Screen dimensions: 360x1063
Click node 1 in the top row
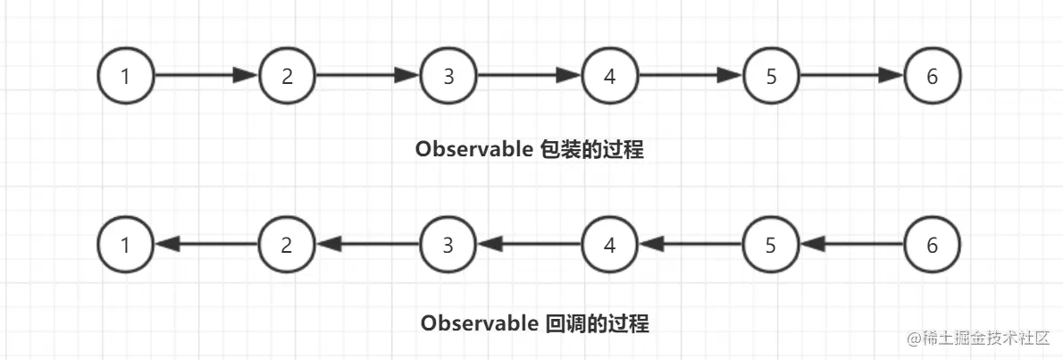click(x=126, y=76)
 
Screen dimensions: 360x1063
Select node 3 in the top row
click(x=448, y=76)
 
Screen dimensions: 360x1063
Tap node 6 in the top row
click(x=933, y=76)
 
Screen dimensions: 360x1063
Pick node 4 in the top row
click(x=610, y=76)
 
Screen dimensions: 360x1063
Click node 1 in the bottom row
click(x=126, y=243)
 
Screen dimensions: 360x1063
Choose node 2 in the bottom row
click(x=287, y=243)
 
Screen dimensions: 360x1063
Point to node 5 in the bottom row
click(x=771, y=243)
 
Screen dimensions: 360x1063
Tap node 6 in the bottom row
click(x=933, y=243)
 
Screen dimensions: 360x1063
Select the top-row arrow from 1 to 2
click(x=206, y=76)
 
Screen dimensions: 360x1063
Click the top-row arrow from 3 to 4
click(x=529, y=76)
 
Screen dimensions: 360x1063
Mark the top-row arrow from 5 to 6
click(x=851, y=76)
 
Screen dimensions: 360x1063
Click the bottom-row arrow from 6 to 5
click(x=851, y=243)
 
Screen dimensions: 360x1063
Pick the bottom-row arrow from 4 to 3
click(x=529, y=243)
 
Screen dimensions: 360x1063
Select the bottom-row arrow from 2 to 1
click(x=206, y=243)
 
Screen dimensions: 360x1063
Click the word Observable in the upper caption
click(x=474, y=150)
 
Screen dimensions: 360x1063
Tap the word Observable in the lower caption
click(x=479, y=322)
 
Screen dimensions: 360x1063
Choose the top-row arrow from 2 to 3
click(x=367, y=76)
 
